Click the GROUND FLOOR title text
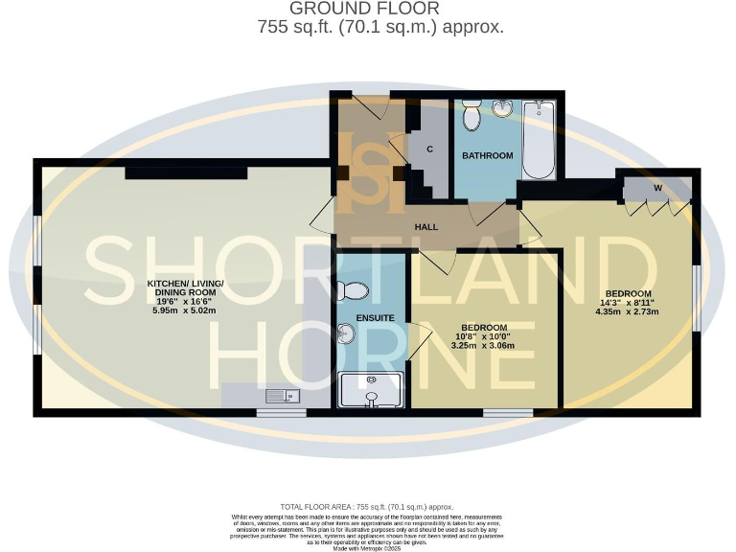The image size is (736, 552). (380, 9)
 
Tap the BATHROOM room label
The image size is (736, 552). (488, 155)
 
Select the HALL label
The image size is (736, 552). (426, 227)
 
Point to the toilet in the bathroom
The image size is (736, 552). (471, 118)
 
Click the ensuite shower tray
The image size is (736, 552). (371, 390)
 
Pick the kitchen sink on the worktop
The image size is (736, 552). (285, 395)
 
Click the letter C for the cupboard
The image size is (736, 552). (430, 149)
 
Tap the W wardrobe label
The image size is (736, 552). (658, 188)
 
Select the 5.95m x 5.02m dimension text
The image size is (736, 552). (185, 311)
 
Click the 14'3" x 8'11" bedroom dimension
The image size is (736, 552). (628, 302)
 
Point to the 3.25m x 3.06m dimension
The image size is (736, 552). (484, 345)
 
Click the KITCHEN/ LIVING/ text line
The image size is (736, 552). (185, 284)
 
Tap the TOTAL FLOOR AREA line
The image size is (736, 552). (366, 507)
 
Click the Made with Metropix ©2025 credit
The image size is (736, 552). (366, 548)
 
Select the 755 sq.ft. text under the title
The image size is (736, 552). (380, 28)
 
